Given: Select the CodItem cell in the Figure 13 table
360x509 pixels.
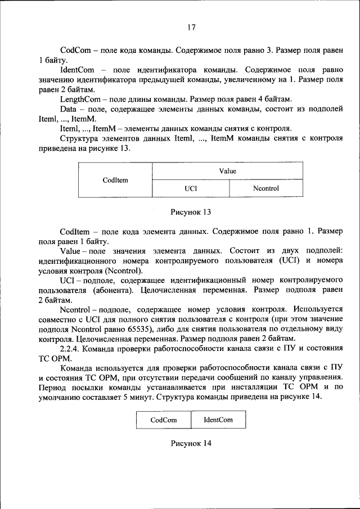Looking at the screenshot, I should tap(115, 180).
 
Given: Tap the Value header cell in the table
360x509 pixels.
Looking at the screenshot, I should tap(227, 171).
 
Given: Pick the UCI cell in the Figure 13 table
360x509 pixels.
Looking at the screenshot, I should tap(191, 188).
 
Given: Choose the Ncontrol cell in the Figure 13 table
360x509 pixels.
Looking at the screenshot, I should tap(265, 188).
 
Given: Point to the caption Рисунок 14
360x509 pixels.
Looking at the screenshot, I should tap(191, 443).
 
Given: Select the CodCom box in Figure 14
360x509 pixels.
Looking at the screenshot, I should tap(163, 420).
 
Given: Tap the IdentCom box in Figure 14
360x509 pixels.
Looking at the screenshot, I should tap(218, 420).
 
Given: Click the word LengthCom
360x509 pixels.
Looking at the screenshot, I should tap(80, 98).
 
